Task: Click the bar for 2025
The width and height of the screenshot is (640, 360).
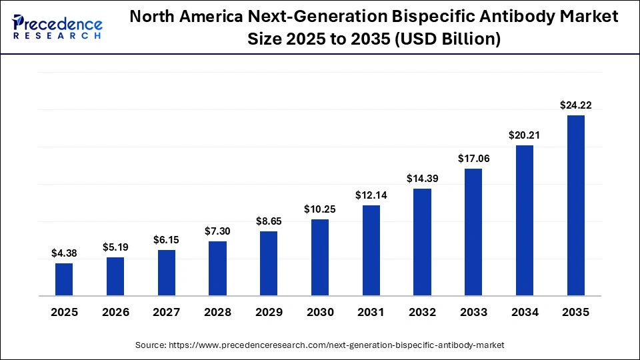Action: pyautogui.click(x=64, y=279)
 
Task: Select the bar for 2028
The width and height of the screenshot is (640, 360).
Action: pyautogui.click(x=217, y=268)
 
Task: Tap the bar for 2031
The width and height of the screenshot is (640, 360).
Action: pyautogui.click(x=371, y=250)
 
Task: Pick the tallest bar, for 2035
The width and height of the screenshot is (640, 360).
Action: pyautogui.click(x=575, y=205)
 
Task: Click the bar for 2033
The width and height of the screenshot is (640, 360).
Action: pyautogui.click(x=473, y=232)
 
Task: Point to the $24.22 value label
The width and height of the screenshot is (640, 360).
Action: pyautogui.click(x=575, y=105)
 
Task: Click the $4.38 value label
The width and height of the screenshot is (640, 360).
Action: pyautogui.click(x=64, y=253)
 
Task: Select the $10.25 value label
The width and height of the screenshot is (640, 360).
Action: pyautogui.click(x=320, y=209)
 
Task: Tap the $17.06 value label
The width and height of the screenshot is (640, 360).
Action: pyautogui.click(x=473, y=158)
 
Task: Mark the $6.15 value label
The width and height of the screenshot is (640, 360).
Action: pyautogui.click(x=167, y=239)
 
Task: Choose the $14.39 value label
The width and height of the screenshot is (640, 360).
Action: pyautogui.click(x=422, y=178)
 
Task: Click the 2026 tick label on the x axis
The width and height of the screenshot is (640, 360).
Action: pyautogui.click(x=115, y=312)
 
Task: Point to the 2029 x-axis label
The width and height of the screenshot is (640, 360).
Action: pyautogui.click(x=269, y=312)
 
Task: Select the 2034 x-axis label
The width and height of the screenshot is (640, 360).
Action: pyautogui.click(x=525, y=312)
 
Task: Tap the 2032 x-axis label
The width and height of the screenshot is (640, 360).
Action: pyautogui.click(x=422, y=312)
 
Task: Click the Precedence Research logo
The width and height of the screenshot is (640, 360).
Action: pyautogui.click(x=57, y=27)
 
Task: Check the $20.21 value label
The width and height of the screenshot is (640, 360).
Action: pyautogui.click(x=525, y=135)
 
